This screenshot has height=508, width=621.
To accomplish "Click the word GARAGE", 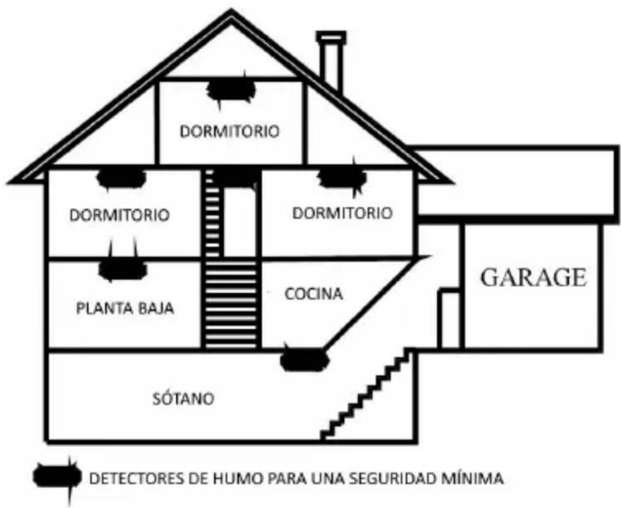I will (x=534, y=278).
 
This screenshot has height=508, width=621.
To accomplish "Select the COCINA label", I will (x=304, y=294).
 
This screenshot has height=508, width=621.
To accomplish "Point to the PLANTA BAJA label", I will (x=125, y=309).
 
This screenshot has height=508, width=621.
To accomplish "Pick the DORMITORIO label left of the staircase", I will (x=120, y=214).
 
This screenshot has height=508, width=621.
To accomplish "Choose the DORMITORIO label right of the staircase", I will (x=342, y=213).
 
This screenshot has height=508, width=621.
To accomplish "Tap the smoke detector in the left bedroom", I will (x=122, y=178).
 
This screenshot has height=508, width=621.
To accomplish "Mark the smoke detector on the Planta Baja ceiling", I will (x=123, y=270).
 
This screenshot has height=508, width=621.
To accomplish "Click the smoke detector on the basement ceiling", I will (x=304, y=359).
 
